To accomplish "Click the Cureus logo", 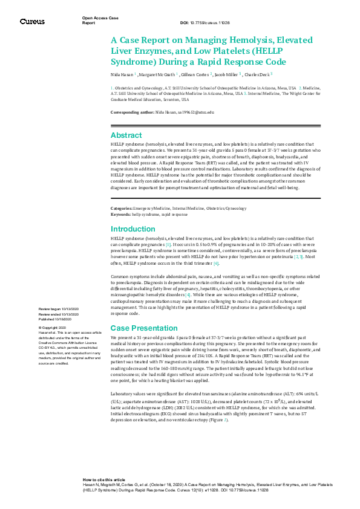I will [32, 22].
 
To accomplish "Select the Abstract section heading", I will [126, 135].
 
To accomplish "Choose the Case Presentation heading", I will [144, 328].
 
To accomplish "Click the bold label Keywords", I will [120, 214].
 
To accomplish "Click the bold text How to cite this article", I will [103, 479].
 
